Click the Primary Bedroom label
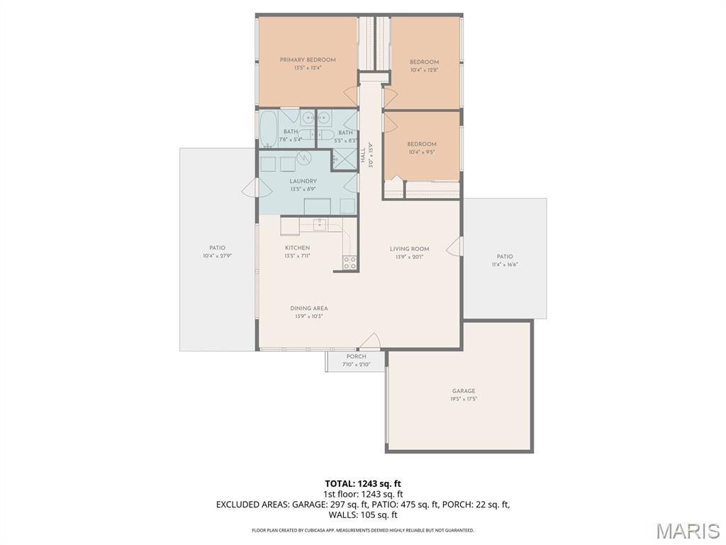(308, 60)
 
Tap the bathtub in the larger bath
(269, 129)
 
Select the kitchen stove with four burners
(350, 263)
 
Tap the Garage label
(464, 391)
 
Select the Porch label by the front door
(356, 357)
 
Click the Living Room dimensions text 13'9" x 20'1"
(409, 257)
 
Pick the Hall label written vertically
(363, 156)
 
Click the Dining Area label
(308, 309)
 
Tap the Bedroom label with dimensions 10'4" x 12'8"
(424, 62)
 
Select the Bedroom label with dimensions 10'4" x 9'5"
(421, 145)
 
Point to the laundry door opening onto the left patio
(250, 187)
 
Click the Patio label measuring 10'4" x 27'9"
(217, 248)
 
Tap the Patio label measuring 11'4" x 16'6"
(504, 257)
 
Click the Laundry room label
(303, 182)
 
